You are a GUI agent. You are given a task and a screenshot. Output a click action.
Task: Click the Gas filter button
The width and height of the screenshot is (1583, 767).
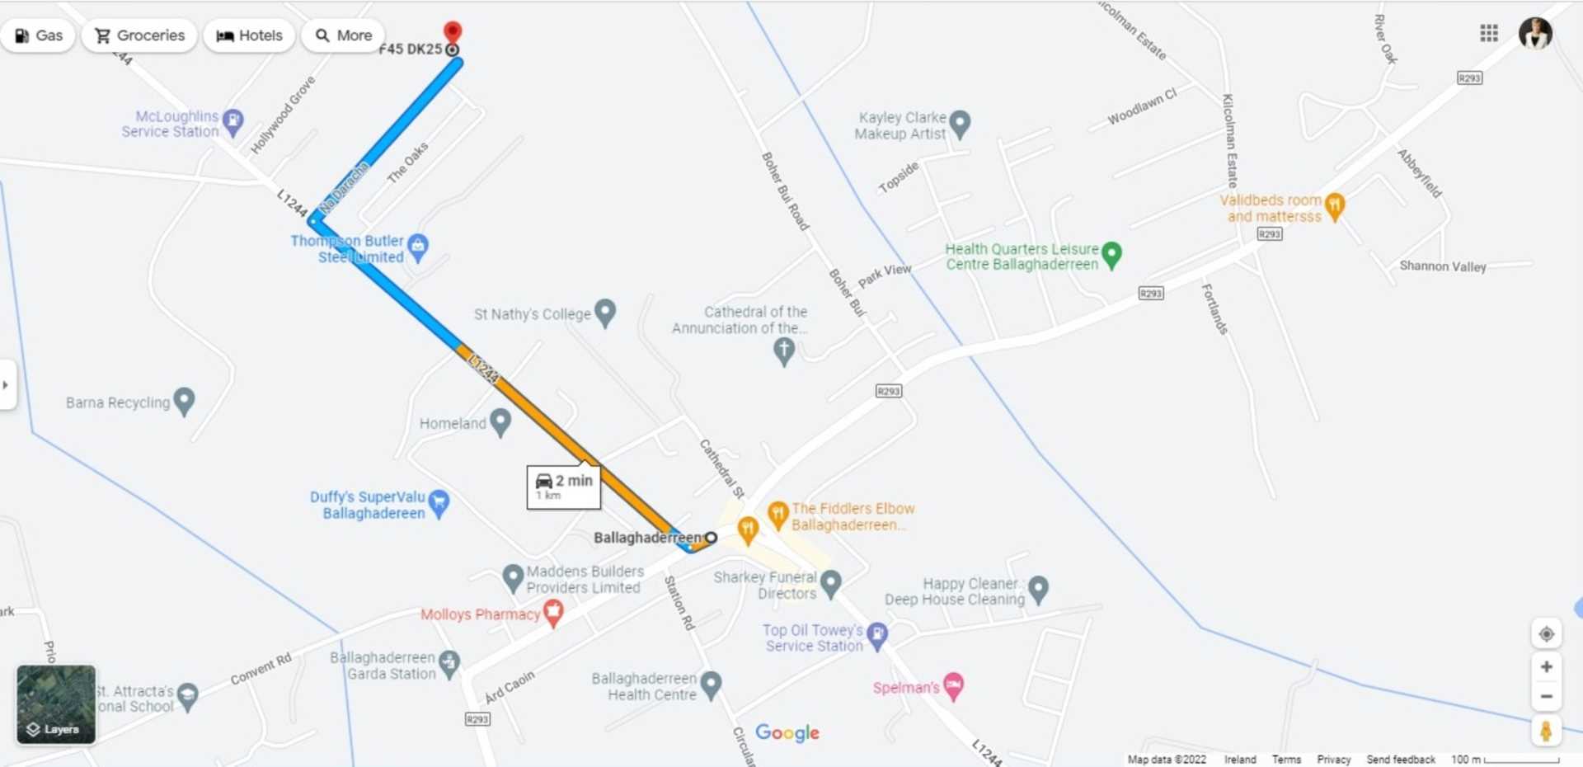(x=39, y=35)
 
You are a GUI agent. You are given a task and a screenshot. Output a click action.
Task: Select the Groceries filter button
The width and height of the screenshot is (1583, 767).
(x=139, y=35)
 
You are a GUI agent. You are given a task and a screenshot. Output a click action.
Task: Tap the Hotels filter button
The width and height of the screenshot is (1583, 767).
(x=249, y=35)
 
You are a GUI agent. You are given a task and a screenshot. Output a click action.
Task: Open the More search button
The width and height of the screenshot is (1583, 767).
(x=344, y=35)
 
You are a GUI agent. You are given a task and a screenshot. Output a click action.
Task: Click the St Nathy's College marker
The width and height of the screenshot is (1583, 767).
(x=605, y=313)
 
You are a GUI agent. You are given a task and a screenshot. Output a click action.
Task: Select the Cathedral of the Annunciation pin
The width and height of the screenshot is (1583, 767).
(x=784, y=351)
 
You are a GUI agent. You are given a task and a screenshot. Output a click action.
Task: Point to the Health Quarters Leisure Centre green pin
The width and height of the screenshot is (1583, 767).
(x=1111, y=255)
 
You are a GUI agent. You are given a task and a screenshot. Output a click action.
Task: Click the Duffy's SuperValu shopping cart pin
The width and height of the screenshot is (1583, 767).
(x=439, y=502)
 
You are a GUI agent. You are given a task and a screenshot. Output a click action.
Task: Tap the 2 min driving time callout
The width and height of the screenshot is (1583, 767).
(x=564, y=487)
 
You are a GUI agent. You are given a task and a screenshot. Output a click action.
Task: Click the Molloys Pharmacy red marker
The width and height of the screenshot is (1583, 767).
(x=553, y=613)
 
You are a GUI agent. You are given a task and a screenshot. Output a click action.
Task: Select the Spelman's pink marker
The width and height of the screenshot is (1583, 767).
(x=953, y=685)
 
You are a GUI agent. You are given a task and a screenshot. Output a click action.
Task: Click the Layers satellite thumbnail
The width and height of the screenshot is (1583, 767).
(x=56, y=705)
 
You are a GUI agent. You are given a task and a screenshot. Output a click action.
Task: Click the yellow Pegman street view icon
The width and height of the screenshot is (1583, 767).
(x=1546, y=731)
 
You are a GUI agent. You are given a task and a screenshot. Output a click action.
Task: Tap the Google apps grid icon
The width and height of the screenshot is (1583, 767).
(x=1489, y=33)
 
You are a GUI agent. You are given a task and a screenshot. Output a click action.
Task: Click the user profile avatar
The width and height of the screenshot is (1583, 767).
(x=1535, y=33)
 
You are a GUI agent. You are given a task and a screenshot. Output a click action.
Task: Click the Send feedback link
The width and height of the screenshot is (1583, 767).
(x=1400, y=760)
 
